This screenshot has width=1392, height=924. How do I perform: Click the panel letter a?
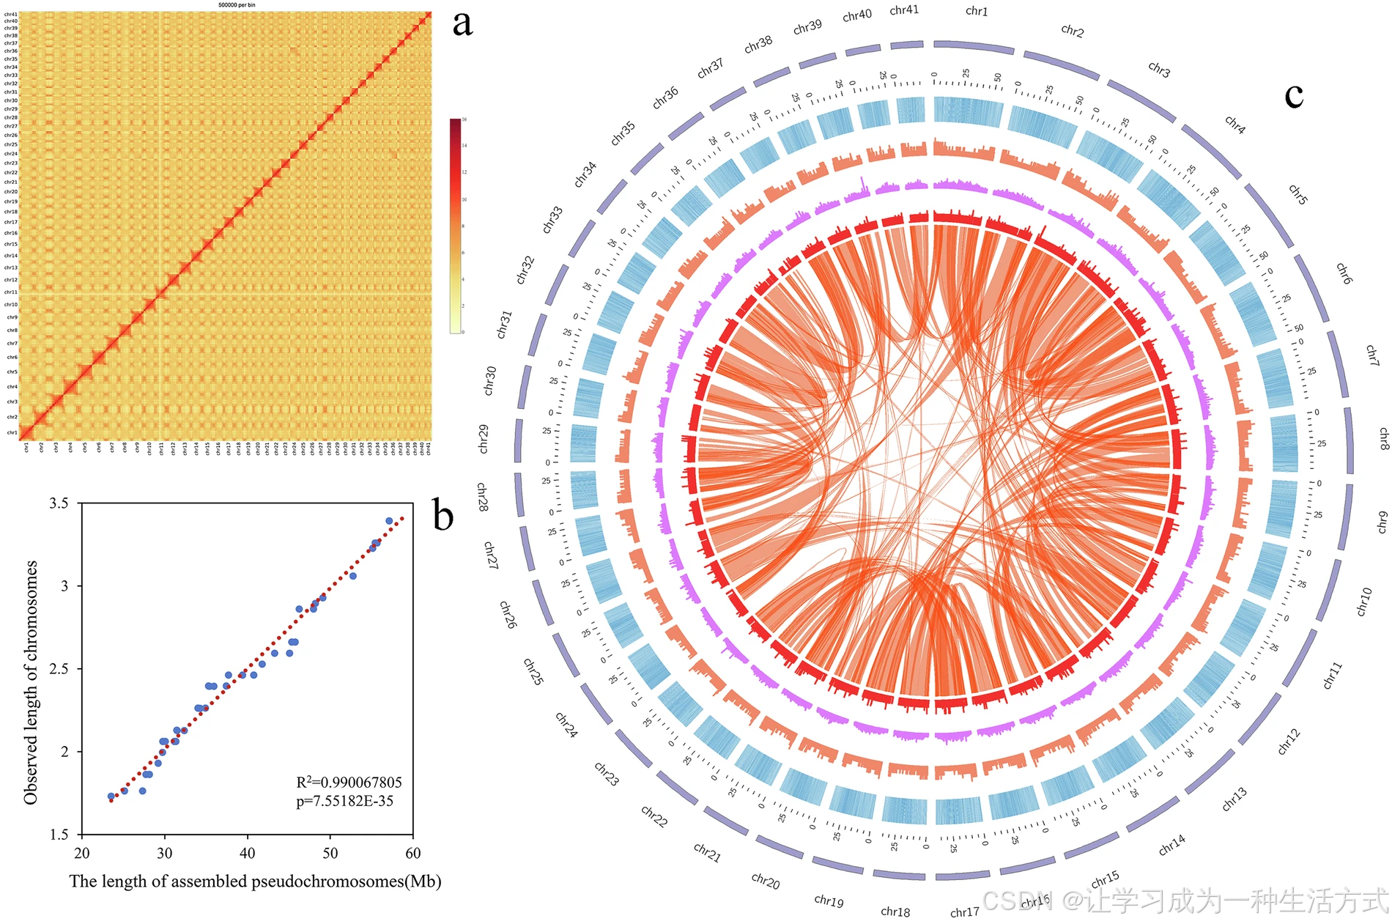[462, 23]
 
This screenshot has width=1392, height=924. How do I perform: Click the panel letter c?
[1294, 95]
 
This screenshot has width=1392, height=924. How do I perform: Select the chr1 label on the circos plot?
[977, 11]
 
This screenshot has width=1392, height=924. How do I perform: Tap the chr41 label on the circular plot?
[904, 10]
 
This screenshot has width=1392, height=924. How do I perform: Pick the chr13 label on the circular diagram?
[1234, 799]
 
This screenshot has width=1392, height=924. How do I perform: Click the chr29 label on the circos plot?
[484, 438]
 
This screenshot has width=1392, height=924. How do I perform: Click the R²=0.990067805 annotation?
[349, 783]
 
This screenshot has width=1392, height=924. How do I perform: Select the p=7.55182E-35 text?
[344, 801]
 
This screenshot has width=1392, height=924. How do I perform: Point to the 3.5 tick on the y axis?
[59, 503]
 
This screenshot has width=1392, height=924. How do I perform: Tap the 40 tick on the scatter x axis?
[248, 853]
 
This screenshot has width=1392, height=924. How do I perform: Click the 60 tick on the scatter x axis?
[413, 853]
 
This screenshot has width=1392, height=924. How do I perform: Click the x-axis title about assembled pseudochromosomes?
[255, 881]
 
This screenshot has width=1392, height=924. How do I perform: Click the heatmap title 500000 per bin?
[237, 5]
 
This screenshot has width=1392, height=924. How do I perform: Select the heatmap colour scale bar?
[456, 226]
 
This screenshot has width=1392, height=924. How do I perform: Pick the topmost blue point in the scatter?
[389, 521]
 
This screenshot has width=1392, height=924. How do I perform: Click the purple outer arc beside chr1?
[974, 47]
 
